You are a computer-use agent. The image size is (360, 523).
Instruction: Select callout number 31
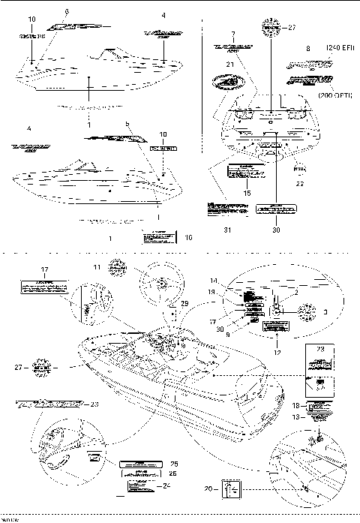coord(227,230)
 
